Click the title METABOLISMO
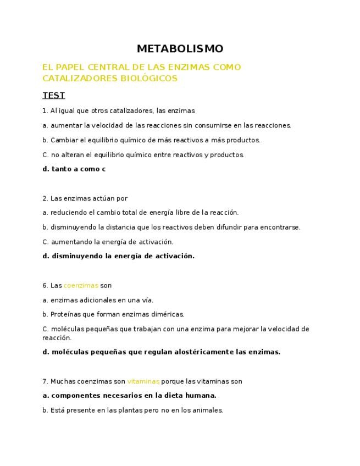pos(180,49)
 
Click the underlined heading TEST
pos(53,96)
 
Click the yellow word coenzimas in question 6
pos(81,286)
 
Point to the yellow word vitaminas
pos(143,381)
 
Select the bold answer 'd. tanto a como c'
pos(74,169)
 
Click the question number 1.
pos(45,111)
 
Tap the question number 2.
pos(45,198)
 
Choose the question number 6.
pos(45,286)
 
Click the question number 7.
pos(45,381)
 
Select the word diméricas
pos(165,315)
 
